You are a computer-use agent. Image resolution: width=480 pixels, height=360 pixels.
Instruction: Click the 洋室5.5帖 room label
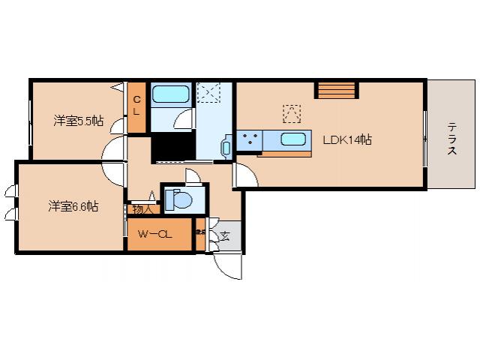pyautogui.click(x=77, y=121)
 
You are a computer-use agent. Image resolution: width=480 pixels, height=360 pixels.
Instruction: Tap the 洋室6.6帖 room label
pyautogui.click(x=73, y=205)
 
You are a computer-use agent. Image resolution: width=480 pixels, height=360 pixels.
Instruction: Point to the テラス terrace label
pyautogui.click(x=452, y=139)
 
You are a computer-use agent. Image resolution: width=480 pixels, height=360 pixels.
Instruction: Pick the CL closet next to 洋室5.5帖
pyautogui.click(x=136, y=105)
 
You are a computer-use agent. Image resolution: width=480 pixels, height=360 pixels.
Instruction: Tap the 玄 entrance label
pyautogui.click(x=223, y=236)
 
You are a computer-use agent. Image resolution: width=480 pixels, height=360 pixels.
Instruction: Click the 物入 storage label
pyautogui.click(x=141, y=209)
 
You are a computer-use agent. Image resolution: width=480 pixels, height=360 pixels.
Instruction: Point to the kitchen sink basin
pyautogui.click(x=292, y=139)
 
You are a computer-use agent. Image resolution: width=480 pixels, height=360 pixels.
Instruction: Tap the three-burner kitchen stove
pyautogui.click(x=248, y=139)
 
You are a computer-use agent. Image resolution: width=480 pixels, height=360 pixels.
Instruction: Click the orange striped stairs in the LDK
pyautogui.click(x=333, y=91)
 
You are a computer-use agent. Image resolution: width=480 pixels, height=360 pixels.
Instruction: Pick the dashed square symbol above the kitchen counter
pyautogui.click(x=291, y=113)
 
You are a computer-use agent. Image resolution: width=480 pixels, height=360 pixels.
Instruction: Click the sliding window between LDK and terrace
pyautogui.click(x=425, y=139)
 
